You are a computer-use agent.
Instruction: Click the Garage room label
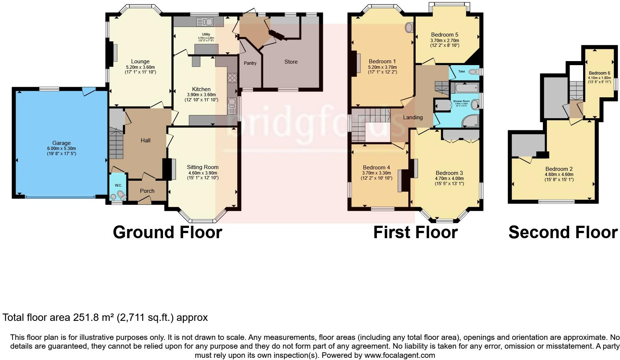pyautogui.click(x=61, y=143)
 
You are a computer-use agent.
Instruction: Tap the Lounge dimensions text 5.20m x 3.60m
pyautogui.click(x=140, y=67)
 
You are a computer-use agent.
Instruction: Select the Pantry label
pyautogui.click(x=250, y=63)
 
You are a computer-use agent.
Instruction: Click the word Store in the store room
pyautogui.click(x=291, y=62)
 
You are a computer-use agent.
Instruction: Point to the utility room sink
pyautogui.click(x=204, y=22)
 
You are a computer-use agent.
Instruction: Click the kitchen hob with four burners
pyautogui.click(x=232, y=78)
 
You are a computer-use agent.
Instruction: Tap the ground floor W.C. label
pyautogui.click(x=118, y=185)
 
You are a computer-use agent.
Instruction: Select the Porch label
pyautogui.click(x=147, y=191)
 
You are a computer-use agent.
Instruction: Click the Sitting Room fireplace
pyautogui.click(x=169, y=169)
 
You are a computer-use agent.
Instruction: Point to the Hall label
pyautogui.click(x=145, y=140)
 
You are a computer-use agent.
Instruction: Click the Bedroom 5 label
pyautogui.click(x=445, y=35)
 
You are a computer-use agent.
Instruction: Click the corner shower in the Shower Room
pyautogui.click(x=470, y=121)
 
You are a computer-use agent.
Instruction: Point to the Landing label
pyautogui.click(x=413, y=117)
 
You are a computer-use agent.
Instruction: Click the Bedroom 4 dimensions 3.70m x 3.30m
pyautogui.click(x=377, y=173)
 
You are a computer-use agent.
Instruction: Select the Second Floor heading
pyautogui.click(x=563, y=233)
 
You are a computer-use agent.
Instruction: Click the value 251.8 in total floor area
pyautogui.click(x=85, y=318)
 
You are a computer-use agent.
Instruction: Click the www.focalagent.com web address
pyautogui.click(x=400, y=355)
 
